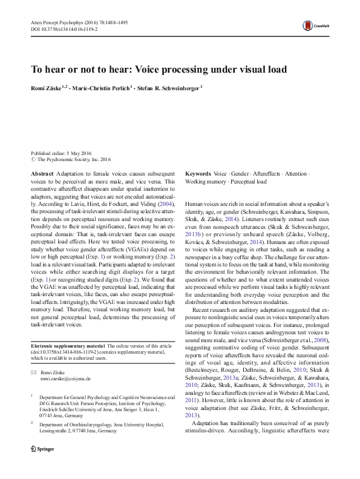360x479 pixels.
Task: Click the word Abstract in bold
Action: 42,173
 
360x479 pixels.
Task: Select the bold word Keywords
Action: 198,173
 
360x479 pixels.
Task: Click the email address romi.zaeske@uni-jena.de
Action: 66,378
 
